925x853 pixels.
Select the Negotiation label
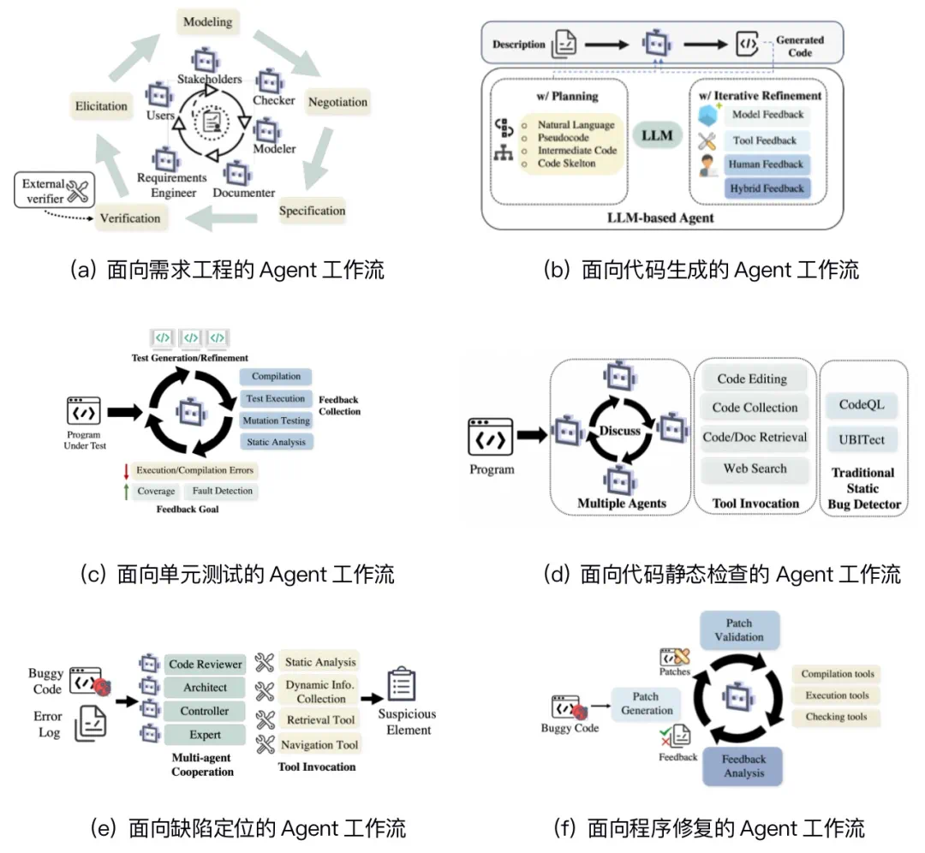point(337,102)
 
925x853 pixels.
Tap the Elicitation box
point(101,106)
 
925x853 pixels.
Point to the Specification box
point(312,211)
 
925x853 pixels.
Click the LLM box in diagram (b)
point(657,135)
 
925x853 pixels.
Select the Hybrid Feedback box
point(766,188)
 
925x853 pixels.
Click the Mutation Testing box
point(276,421)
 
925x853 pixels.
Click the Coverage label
point(156,492)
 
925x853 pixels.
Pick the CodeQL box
point(862,404)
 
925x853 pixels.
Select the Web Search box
point(755,468)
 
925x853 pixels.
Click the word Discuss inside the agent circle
point(620,430)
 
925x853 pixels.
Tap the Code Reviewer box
point(206,665)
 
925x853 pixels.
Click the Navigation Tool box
point(319,745)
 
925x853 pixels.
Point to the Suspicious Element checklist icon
point(401,683)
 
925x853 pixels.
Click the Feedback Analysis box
point(743,767)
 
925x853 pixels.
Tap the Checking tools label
point(835,717)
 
